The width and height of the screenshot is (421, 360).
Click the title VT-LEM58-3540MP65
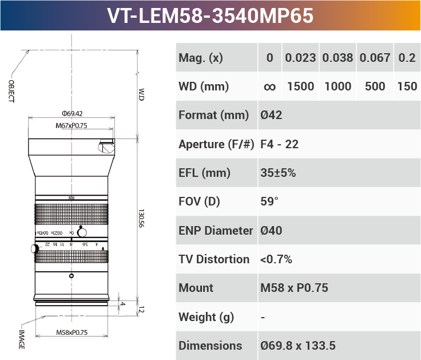210,15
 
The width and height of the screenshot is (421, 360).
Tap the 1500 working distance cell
300,86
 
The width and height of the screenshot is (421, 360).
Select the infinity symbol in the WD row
270,87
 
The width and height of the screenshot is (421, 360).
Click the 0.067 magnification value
375,58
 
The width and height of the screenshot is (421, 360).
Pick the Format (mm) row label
214,115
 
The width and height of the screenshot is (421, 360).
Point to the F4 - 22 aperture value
279,144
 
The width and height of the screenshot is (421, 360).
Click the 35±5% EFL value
278,173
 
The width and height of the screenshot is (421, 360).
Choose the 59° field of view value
269,201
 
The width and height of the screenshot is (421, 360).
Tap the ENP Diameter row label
216,231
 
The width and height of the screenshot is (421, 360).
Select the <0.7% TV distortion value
276,259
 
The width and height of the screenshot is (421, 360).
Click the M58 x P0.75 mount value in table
294,288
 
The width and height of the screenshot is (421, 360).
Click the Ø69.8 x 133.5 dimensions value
297,346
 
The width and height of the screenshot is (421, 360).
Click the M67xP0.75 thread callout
72,125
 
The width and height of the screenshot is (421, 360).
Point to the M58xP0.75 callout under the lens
72,333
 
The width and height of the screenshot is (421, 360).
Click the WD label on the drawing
141,94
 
